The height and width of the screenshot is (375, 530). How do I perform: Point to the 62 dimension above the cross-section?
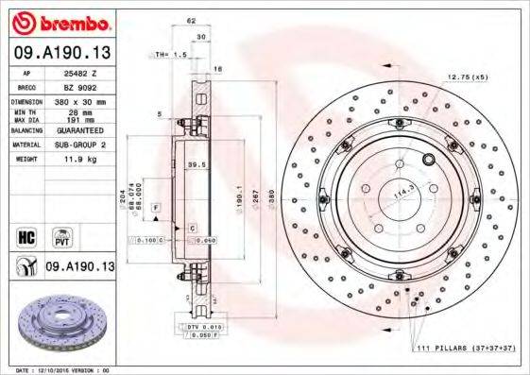pos(191,20)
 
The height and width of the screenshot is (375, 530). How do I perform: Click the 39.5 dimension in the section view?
pos(197,164)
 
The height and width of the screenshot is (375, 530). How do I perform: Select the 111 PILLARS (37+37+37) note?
pos(466,349)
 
